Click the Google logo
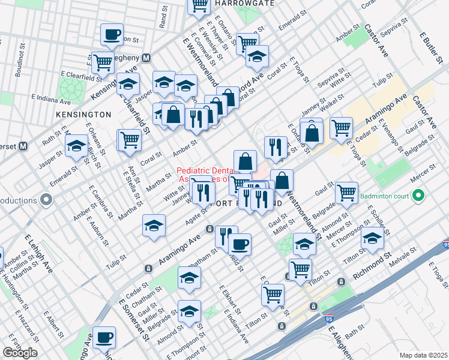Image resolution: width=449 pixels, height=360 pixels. [x=20, y=353]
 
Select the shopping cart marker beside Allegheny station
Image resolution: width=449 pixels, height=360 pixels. [x=103, y=61]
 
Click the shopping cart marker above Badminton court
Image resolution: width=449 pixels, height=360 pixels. [x=346, y=191]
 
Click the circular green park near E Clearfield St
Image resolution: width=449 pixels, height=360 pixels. [x=71, y=90]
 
